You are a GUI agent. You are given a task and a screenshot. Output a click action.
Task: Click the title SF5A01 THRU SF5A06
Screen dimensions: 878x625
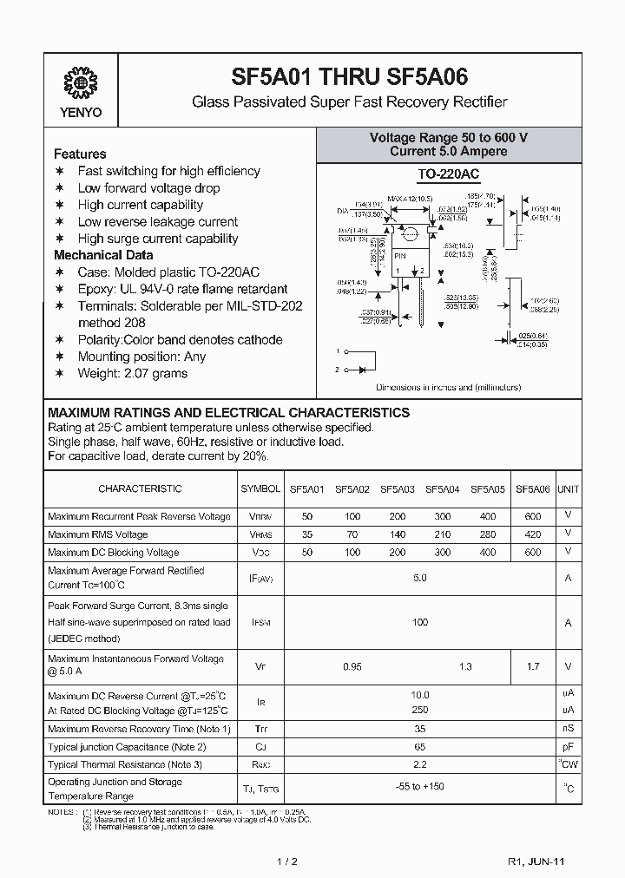349,76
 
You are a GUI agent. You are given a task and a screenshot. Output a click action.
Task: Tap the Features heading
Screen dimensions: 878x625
80,154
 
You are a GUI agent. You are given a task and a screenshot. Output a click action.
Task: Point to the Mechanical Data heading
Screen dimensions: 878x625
103,255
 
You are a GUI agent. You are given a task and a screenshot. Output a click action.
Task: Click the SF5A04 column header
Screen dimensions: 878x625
442,489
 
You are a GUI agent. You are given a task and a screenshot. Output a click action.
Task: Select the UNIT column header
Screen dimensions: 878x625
568,489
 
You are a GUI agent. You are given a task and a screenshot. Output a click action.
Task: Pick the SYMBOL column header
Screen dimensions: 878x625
260,489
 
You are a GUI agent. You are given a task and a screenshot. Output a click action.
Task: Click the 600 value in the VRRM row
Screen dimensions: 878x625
533,516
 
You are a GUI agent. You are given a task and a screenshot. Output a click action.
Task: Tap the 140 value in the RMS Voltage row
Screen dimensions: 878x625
398,534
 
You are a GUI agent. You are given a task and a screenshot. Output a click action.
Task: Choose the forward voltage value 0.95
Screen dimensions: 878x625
352,666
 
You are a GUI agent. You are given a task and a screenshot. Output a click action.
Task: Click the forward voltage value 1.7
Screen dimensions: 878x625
533,666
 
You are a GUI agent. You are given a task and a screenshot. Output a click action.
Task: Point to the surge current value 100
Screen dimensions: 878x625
420,622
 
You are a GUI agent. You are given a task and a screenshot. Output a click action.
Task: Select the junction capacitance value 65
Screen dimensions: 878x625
420,746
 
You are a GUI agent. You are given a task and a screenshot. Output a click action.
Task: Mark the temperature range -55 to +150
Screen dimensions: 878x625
420,788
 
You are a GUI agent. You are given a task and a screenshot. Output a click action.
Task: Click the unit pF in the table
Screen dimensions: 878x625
568,746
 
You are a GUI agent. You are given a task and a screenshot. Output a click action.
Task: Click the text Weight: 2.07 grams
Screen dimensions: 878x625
132,373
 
